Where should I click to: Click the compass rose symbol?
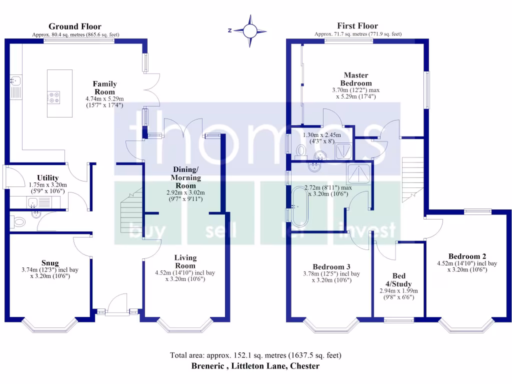pos(249,30)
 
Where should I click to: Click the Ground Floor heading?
pos(75,26)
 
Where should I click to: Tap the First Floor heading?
pos(357,26)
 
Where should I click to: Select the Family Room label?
pos(105,88)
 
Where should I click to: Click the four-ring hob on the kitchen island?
pos(53,96)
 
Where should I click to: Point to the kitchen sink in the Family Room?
pos(15,80)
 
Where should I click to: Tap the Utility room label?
pos(48,177)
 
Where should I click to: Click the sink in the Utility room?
pos(33,202)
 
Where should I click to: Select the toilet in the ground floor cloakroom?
pos(19,222)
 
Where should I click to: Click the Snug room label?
pos(50,263)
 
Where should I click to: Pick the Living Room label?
pos(185,261)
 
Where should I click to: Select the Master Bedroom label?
pos(356,79)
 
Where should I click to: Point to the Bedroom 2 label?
pos(465,253)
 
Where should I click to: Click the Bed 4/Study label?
pos(398,279)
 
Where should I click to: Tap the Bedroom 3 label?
pos(331,266)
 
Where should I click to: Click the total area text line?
pos(255,355)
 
